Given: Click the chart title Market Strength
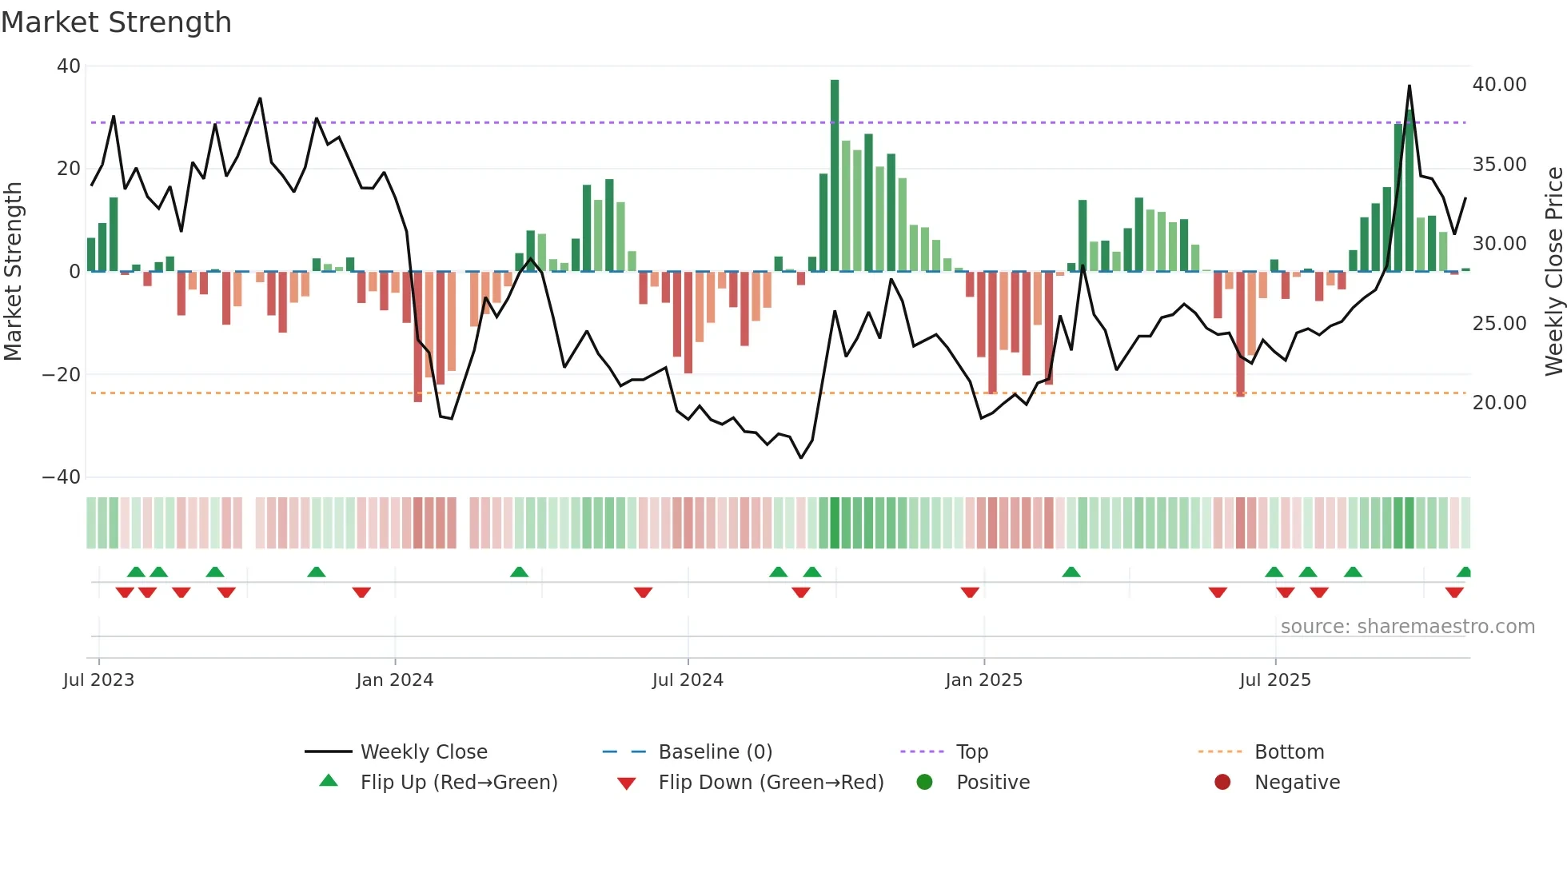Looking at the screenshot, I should (x=116, y=22).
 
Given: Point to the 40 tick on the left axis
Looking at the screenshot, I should (x=69, y=66).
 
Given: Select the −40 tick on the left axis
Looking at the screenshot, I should (x=62, y=477).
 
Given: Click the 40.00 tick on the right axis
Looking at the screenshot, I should (x=1499, y=85).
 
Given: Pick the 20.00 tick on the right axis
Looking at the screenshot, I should (x=1499, y=403).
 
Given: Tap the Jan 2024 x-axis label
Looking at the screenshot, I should (x=394, y=680).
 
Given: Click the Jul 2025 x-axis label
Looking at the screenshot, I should (x=1274, y=680).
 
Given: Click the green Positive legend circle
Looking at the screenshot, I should (x=925, y=783).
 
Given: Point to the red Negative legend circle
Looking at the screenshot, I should (x=1222, y=783).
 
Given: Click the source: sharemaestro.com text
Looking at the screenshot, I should (x=1407, y=627).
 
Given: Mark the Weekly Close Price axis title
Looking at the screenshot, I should (x=1553, y=272).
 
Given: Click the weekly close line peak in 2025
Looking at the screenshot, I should (x=1409, y=86).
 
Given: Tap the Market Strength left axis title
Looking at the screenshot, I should (x=14, y=272).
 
